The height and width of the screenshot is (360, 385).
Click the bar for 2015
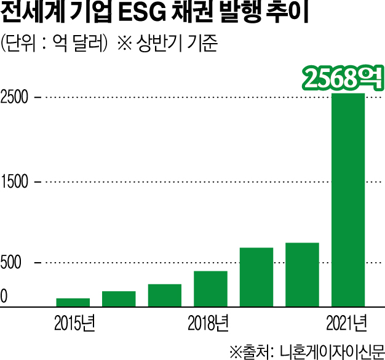[73, 302]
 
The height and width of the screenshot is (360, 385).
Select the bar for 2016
[119, 298]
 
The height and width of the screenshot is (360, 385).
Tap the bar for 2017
[164, 295]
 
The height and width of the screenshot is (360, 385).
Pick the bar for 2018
[210, 288]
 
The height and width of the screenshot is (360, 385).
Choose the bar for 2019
[256, 276]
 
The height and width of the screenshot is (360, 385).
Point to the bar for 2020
[302, 274]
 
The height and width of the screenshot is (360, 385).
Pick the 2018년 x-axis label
[208, 322]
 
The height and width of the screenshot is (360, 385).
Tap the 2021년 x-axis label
[347, 322]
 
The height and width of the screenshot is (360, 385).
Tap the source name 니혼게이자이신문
[330, 350]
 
